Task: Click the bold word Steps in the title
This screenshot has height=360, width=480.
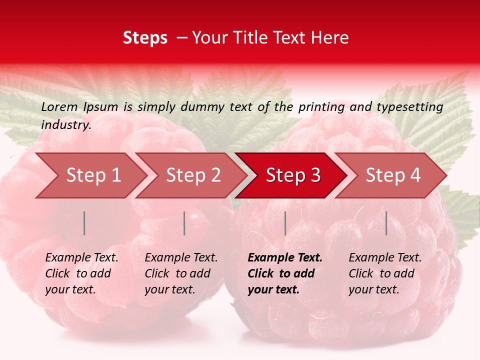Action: click(145, 38)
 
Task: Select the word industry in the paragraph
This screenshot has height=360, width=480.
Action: click(65, 124)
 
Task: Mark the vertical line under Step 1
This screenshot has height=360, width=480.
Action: click(84, 223)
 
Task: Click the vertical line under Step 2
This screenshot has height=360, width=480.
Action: click(184, 223)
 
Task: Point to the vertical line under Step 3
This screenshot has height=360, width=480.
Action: click(285, 223)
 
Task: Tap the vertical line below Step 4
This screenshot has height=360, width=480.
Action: click(386, 223)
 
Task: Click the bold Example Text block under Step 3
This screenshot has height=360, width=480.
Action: click(285, 273)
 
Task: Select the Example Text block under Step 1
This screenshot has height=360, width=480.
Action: click(81, 273)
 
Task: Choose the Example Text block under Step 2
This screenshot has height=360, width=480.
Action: click(181, 273)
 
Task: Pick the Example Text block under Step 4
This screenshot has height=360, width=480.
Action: click(385, 273)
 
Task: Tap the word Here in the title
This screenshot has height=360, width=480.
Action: click(333, 38)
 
